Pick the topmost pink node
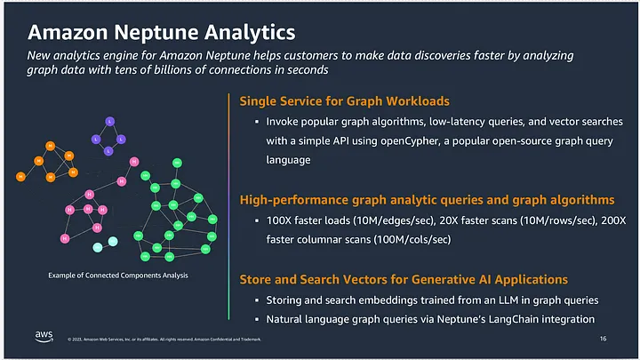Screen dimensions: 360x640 [133, 162]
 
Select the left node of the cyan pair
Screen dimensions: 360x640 [97, 245]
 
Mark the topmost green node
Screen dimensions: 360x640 [179, 162]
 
